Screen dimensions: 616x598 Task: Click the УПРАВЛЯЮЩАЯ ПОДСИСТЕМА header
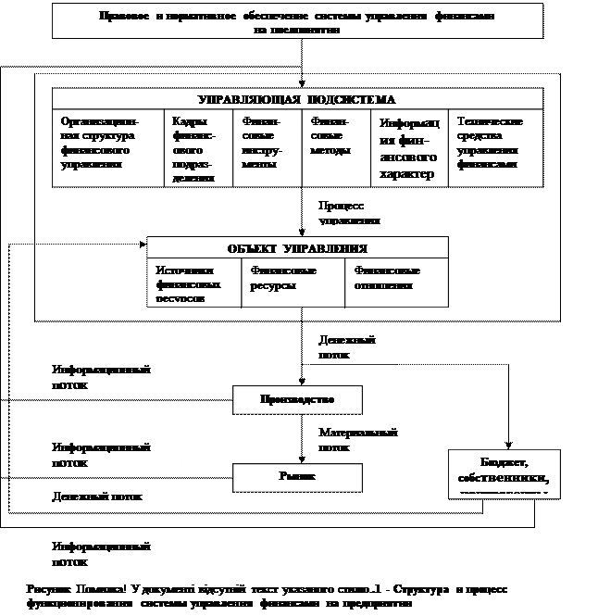297,99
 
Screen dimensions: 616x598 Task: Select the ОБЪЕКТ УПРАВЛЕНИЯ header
297,248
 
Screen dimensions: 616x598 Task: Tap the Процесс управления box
357,212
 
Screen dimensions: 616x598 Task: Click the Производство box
296,400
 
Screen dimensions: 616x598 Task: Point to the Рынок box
296,477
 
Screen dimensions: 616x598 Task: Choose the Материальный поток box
366,440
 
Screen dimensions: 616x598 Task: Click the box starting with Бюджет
504,472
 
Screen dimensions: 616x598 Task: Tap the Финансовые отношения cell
396,279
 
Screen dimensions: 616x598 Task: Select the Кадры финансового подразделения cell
198,148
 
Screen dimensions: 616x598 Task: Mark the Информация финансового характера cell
408,148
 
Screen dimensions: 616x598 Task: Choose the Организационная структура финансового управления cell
107,143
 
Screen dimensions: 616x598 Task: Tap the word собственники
504,478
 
